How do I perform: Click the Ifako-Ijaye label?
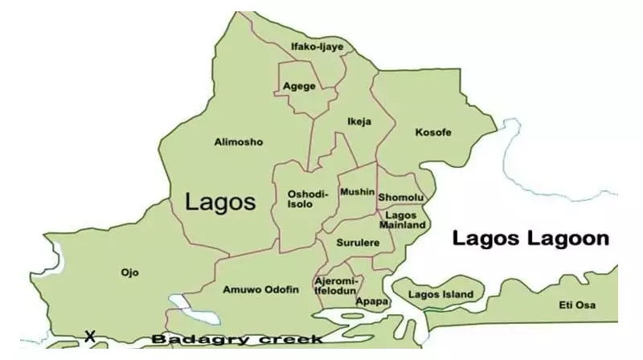click(317, 47)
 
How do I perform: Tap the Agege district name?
click(300, 87)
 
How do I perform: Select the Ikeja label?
click(359, 122)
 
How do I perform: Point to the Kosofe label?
click(433, 132)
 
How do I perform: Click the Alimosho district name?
click(239, 142)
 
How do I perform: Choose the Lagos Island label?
click(440, 295)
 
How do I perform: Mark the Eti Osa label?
click(580, 305)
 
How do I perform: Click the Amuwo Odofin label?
click(261, 289)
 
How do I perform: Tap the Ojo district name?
click(129, 272)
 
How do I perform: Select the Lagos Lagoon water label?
click(530, 239)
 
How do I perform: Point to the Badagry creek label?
click(237, 339)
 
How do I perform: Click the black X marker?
click(90, 336)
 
